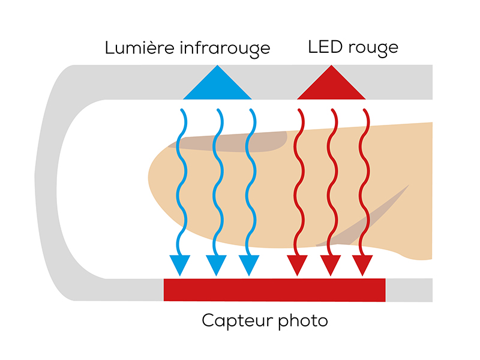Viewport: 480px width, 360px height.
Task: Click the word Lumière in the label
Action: (140, 47)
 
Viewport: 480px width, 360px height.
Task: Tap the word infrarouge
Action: (225, 49)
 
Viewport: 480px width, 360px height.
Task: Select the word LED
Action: (325, 47)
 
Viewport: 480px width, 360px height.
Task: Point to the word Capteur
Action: (238, 321)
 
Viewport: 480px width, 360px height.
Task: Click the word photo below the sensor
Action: (303, 321)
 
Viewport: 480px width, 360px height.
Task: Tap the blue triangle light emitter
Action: (217, 82)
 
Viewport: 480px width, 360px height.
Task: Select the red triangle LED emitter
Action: (331, 82)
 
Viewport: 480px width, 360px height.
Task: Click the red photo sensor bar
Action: (275, 290)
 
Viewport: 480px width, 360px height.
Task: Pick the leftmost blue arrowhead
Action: (180, 265)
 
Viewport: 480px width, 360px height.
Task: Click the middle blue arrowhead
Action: (216, 265)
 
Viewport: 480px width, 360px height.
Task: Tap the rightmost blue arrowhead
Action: (249, 265)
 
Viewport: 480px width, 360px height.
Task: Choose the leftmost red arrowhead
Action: (297, 265)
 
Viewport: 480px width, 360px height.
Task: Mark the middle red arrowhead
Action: (331, 265)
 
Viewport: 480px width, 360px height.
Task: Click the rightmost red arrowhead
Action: (362, 265)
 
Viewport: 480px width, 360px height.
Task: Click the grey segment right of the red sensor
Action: (409, 290)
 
